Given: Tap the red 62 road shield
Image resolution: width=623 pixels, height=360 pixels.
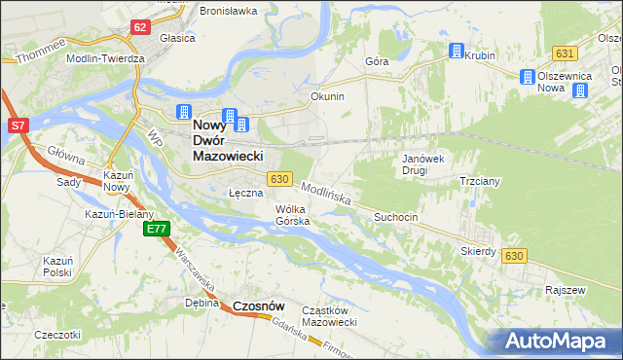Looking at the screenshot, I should [x=140, y=27].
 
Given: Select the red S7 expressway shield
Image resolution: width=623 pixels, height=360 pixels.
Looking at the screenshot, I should [x=18, y=126].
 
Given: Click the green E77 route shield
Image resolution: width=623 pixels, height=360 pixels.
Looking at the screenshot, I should [x=156, y=229].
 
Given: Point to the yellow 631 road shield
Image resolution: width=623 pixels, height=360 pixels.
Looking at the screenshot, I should [x=564, y=53].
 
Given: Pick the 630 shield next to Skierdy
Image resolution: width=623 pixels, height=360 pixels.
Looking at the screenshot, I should [x=515, y=255].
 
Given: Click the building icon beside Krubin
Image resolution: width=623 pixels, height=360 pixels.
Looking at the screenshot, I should [x=456, y=52].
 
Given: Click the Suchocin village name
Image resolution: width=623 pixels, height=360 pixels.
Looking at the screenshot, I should [x=396, y=217].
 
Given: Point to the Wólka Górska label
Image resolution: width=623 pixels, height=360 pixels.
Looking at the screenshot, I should [x=292, y=215].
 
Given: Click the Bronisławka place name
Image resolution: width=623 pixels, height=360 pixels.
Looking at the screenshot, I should [x=228, y=11].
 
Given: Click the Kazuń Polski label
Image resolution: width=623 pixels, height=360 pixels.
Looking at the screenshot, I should [x=57, y=267].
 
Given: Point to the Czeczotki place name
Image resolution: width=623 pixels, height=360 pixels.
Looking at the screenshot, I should [x=55, y=335].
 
